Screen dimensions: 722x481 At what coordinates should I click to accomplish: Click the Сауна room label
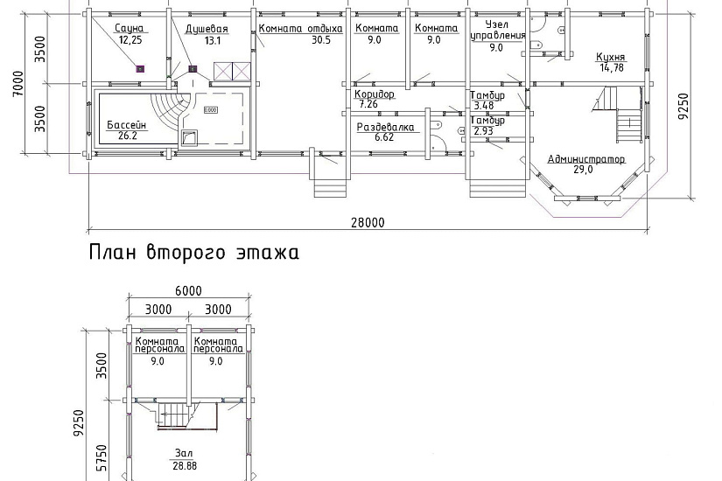coord(129,29)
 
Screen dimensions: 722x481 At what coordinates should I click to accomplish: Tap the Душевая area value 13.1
coord(213,40)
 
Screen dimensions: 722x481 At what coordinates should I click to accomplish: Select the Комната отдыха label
coord(301,29)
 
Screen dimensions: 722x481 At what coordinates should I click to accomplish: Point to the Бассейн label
coord(127,125)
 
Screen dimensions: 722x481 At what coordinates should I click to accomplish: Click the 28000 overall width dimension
coord(368,223)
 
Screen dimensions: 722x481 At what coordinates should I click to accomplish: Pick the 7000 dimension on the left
coord(18,83)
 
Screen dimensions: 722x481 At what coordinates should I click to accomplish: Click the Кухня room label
coord(611,58)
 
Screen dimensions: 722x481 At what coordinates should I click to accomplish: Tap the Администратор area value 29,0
coord(583,170)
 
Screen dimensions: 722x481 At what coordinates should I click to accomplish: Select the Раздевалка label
coord(385,127)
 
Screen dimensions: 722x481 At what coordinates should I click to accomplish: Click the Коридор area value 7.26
coord(368,104)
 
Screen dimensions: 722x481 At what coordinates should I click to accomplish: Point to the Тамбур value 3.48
coord(484,106)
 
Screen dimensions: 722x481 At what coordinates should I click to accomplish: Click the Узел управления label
coord(497,30)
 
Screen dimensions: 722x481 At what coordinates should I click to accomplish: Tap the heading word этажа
coord(268,253)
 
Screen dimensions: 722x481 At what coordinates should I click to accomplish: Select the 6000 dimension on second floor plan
coord(189,291)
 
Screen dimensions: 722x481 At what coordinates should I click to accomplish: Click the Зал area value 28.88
coord(185,466)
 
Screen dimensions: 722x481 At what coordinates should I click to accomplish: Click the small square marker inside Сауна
coord(140,69)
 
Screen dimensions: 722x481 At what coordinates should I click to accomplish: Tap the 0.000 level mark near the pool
coord(210,110)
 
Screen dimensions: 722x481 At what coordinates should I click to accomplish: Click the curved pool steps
coord(172,113)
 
